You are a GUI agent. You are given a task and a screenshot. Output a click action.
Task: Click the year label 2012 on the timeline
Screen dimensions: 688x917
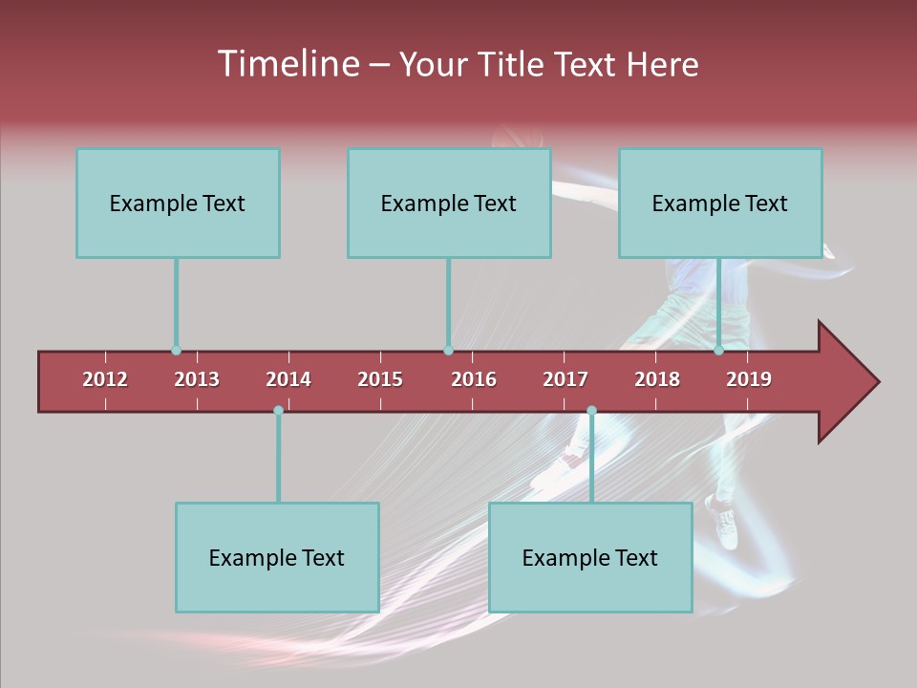tap(105, 379)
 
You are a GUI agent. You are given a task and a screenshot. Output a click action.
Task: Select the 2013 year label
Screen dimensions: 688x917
tap(197, 379)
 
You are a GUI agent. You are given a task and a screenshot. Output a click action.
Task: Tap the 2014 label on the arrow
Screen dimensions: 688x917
tap(288, 379)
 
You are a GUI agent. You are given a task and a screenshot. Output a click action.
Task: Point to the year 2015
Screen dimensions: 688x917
tap(380, 379)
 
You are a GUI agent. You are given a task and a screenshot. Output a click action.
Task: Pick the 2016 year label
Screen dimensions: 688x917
tap(474, 379)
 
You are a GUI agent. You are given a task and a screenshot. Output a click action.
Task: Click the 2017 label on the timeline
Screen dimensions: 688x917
tap(565, 379)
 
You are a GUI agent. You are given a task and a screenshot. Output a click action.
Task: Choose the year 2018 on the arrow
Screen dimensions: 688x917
tap(657, 379)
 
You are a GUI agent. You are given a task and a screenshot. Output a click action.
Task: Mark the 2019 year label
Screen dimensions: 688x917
tap(749, 379)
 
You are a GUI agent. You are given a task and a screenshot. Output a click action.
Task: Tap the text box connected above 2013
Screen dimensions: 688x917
tap(178, 203)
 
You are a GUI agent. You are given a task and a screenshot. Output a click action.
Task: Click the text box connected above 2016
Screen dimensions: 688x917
tap(449, 203)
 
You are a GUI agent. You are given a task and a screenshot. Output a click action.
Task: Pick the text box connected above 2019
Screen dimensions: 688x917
tap(720, 203)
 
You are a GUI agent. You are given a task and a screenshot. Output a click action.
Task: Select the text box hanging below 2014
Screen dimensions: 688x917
tap(277, 557)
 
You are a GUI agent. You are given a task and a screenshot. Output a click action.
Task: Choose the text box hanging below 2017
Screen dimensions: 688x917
tap(590, 557)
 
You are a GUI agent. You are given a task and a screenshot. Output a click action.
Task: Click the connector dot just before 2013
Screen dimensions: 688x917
tap(177, 351)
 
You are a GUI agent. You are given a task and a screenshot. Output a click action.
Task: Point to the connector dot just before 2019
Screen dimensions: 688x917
tap(719, 351)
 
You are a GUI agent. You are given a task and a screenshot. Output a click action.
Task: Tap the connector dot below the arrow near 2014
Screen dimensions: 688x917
tap(278, 411)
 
